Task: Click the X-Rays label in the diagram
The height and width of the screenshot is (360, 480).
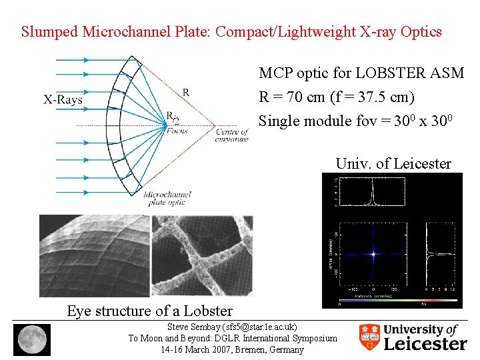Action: click(x=63, y=100)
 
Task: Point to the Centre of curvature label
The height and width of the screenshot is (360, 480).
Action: click(x=231, y=135)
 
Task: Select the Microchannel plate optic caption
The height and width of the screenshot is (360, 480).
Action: click(x=167, y=198)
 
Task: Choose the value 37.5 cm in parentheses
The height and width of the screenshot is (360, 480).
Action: click(x=379, y=97)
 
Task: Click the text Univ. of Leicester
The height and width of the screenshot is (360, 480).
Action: click(x=393, y=163)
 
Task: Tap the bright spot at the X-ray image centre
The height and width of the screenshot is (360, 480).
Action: click(x=373, y=254)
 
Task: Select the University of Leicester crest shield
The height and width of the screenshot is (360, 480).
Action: click(x=369, y=337)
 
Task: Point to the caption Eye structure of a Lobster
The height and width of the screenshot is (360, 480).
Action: click(x=149, y=311)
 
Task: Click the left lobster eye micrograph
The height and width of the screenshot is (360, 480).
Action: click(x=93, y=255)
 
